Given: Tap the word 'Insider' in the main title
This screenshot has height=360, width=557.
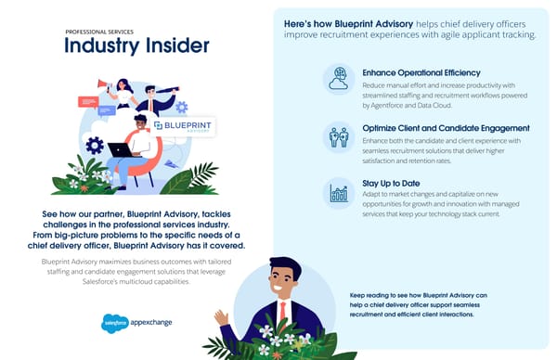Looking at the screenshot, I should (173, 46).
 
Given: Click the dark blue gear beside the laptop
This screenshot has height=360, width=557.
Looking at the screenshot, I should (94, 145).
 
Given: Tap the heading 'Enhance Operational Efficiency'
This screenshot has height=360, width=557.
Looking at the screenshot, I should (421, 71).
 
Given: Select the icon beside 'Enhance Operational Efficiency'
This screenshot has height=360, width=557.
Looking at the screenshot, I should (338, 79).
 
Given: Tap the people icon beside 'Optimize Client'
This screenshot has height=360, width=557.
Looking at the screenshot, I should (338, 136).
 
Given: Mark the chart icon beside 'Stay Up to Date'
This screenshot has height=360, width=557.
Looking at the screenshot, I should (338, 193).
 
